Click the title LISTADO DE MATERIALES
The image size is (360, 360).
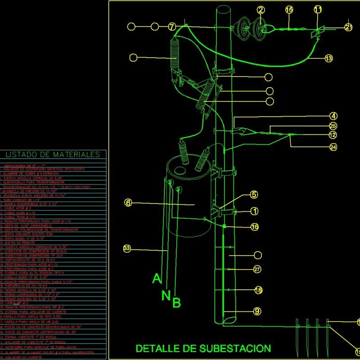point(53,155)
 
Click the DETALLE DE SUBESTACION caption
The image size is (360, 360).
point(203,348)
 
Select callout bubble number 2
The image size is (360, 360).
point(261,10)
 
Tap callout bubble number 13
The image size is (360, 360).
point(329,58)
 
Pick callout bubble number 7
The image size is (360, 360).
point(172,27)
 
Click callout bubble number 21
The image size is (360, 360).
point(348,27)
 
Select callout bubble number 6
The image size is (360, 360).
point(128,203)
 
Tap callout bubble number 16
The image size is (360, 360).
point(255,227)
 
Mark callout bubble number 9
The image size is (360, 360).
point(257,311)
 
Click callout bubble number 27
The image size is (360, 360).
point(257,270)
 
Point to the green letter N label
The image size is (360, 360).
point(166,295)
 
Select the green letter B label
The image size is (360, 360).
point(177,303)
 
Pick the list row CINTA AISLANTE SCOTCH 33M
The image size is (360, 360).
point(27,234)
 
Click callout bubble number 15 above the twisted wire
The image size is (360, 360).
point(289,9)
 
